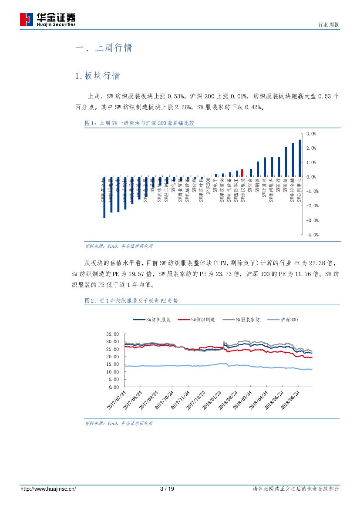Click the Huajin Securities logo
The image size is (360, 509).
[x=48, y=20]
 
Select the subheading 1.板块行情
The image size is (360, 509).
[x=98, y=76]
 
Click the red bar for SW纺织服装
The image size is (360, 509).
[x=242, y=173]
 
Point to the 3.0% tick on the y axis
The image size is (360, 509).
[x=311, y=134]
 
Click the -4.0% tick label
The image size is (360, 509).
[x=312, y=235]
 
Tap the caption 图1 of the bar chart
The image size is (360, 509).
[x=139, y=124]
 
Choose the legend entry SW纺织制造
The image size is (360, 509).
[x=202, y=320]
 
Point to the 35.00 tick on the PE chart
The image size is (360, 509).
[x=112, y=334]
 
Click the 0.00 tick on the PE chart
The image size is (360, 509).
[x=114, y=387]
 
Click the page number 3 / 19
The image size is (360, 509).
[x=167, y=489]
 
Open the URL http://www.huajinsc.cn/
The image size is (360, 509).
[x=48, y=489]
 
